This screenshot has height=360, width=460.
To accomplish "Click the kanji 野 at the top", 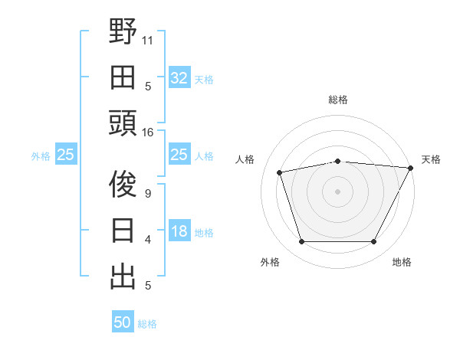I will tap(123, 31).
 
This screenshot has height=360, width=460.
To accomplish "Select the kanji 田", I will tap(123, 77).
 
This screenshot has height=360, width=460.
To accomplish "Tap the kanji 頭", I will tap(123, 123).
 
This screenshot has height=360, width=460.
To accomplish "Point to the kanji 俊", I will tap(123, 185).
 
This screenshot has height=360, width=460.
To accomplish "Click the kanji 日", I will tap(123, 231).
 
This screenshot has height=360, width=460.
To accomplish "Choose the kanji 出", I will tap(123, 277).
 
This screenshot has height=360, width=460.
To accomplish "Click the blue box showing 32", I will tap(179, 78).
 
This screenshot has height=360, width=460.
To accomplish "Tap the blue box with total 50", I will tap(123, 322).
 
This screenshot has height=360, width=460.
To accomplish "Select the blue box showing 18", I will tap(179, 232).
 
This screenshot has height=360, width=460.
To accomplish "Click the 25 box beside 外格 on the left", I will tap(65, 155).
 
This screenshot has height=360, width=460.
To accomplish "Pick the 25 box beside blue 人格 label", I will tap(179, 155).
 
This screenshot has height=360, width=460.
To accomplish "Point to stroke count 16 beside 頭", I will tap(148, 133).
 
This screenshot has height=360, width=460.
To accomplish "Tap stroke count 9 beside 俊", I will tap(148, 193).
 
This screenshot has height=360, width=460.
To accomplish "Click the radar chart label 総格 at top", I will tap(338, 100).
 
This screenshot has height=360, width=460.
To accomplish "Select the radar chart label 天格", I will tap(431, 159).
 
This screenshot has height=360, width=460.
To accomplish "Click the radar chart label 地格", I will tap(402, 263).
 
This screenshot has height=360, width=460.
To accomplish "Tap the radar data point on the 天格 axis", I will tap(411, 167).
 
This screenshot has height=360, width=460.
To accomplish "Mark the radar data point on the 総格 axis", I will tap(338, 161).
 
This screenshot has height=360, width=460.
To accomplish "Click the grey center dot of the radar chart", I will tap(338, 191).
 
